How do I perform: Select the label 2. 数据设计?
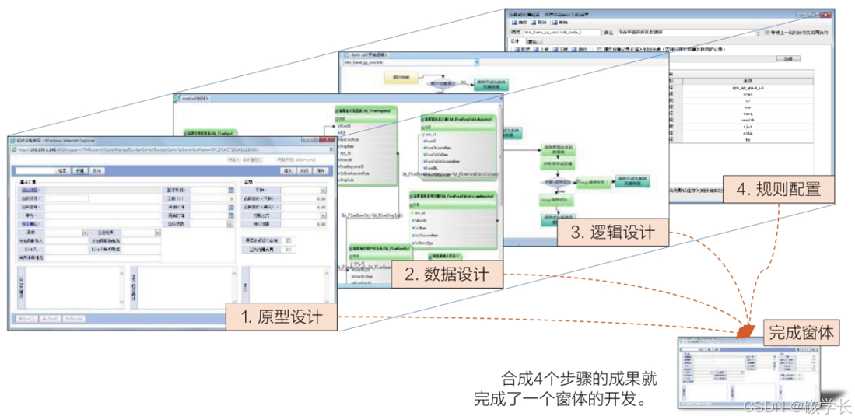pyautogui.click(x=446, y=274)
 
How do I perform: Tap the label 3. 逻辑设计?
pyautogui.click(x=611, y=232)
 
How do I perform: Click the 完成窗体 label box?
pyautogui.click(x=801, y=334)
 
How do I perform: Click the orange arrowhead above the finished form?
pyautogui.click(x=745, y=332)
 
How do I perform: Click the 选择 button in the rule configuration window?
pyautogui.click(x=787, y=58)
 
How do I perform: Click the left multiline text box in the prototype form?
pyautogui.click(x=75, y=287)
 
